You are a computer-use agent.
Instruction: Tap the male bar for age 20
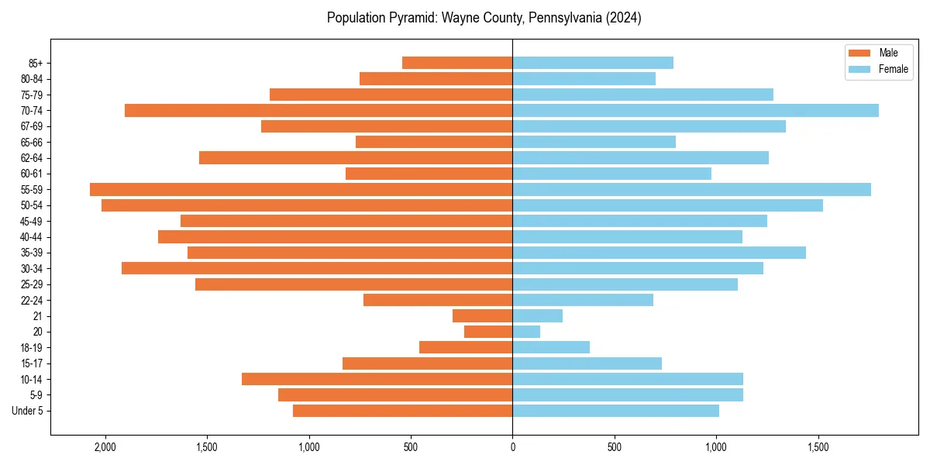pyautogui.click(x=488, y=332)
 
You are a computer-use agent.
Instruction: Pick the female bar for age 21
pyautogui.click(x=537, y=315)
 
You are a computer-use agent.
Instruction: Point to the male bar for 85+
pyautogui.click(x=457, y=63)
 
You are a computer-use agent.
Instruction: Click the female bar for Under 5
pyautogui.click(x=615, y=411)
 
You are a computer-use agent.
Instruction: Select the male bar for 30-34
pyautogui.click(x=317, y=268)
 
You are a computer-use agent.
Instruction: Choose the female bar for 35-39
pyautogui.click(x=659, y=253)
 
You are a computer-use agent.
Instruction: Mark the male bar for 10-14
pyautogui.click(x=377, y=379)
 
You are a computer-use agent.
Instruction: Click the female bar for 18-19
pyautogui.click(x=551, y=347)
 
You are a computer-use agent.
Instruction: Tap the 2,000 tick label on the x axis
pyautogui.click(x=105, y=447)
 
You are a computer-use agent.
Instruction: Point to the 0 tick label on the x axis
pyautogui.click(x=512, y=447)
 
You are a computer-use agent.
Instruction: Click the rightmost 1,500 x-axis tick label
pyautogui.click(x=818, y=447)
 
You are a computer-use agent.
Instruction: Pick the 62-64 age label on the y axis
pyautogui.click(x=32, y=158)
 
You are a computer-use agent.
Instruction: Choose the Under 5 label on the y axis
pyautogui.click(x=28, y=411)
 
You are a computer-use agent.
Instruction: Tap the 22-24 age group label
pyautogui.click(x=32, y=300)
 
